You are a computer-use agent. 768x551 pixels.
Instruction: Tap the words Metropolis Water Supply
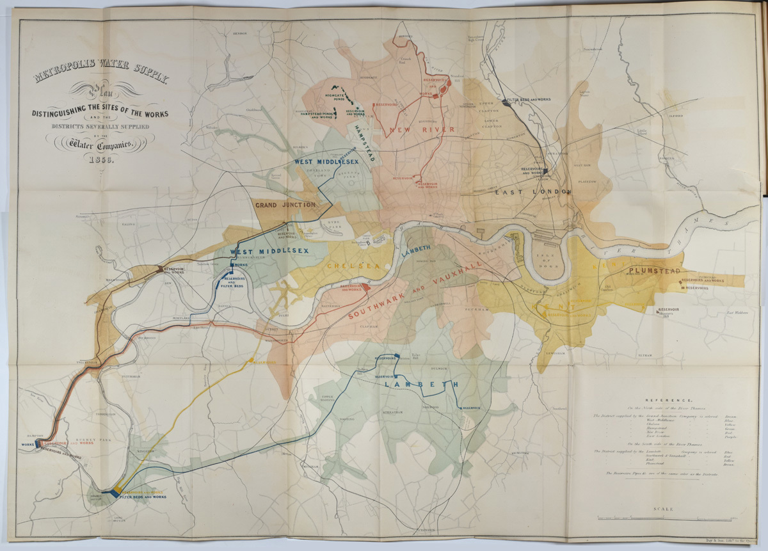[102, 73]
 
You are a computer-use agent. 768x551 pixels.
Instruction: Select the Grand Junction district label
[285, 205]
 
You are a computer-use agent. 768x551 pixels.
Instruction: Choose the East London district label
[532, 191]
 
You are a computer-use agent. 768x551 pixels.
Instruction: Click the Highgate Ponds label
[336, 97]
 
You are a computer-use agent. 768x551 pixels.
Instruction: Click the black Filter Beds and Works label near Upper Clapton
[528, 100]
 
